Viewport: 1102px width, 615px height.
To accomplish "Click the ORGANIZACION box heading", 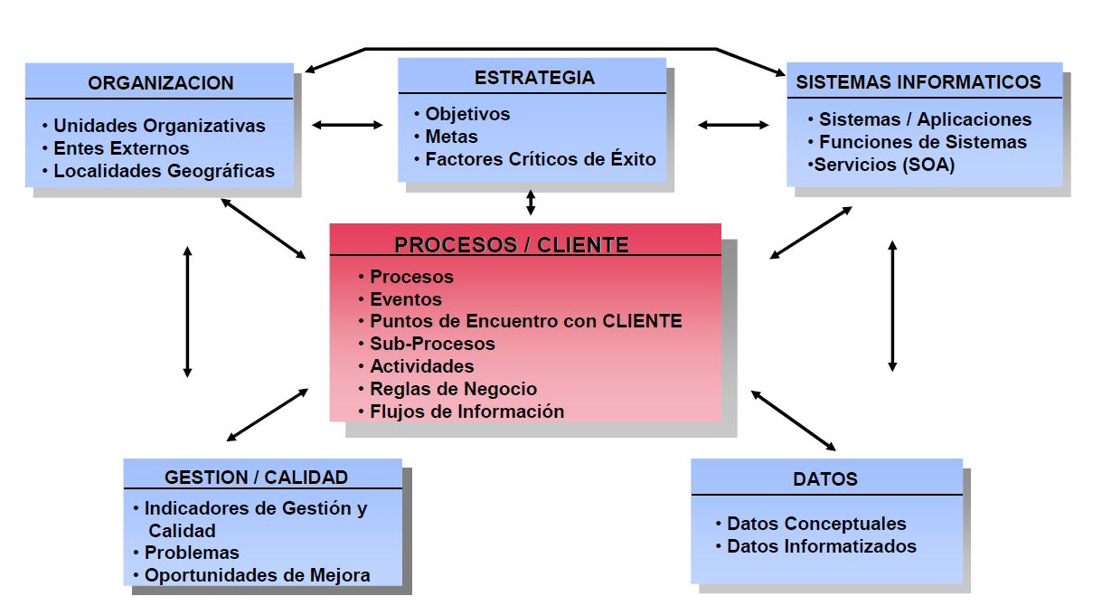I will pyautogui.click(x=161, y=83).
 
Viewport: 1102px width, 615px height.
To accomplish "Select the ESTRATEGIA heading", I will pyautogui.click(x=534, y=78).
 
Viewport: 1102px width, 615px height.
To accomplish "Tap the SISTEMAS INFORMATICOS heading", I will pyautogui.click(x=918, y=82).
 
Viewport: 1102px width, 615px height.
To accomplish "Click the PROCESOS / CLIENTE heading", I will pyautogui.click(x=512, y=244).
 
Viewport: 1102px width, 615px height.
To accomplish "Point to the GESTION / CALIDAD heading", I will pyautogui.click(x=256, y=478).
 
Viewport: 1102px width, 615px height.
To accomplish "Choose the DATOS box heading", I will pyautogui.click(x=824, y=479).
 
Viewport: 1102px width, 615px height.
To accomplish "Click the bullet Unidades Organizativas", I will pyautogui.click(x=159, y=126).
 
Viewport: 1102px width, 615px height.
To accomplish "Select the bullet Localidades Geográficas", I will pyautogui.click(x=164, y=170).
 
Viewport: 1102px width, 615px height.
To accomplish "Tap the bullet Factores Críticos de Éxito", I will pyautogui.click(x=541, y=159).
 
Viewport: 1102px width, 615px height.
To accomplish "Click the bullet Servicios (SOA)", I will pyautogui.click(x=884, y=165).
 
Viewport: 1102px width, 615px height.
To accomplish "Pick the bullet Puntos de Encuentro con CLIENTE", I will pyautogui.click(x=525, y=321).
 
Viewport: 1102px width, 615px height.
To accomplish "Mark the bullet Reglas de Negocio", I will pyautogui.click(x=453, y=389).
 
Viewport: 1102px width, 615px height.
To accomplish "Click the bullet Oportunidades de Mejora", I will pyautogui.click(x=257, y=575).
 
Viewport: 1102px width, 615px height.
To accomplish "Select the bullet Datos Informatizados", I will pyautogui.click(x=821, y=546).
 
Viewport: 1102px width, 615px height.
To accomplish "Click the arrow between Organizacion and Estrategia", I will pyautogui.click(x=347, y=125).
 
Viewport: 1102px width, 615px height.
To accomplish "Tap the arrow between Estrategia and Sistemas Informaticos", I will pyautogui.click(x=733, y=125).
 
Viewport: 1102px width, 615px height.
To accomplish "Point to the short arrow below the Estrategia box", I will pyautogui.click(x=531, y=202).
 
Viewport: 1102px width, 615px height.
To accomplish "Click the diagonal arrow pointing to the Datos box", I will pyautogui.click(x=794, y=421).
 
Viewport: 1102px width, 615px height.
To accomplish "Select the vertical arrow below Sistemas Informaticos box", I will pyautogui.click(x=892, y=306).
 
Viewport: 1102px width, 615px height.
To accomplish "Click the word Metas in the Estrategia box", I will pyautogui.click(x=451, y=137).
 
